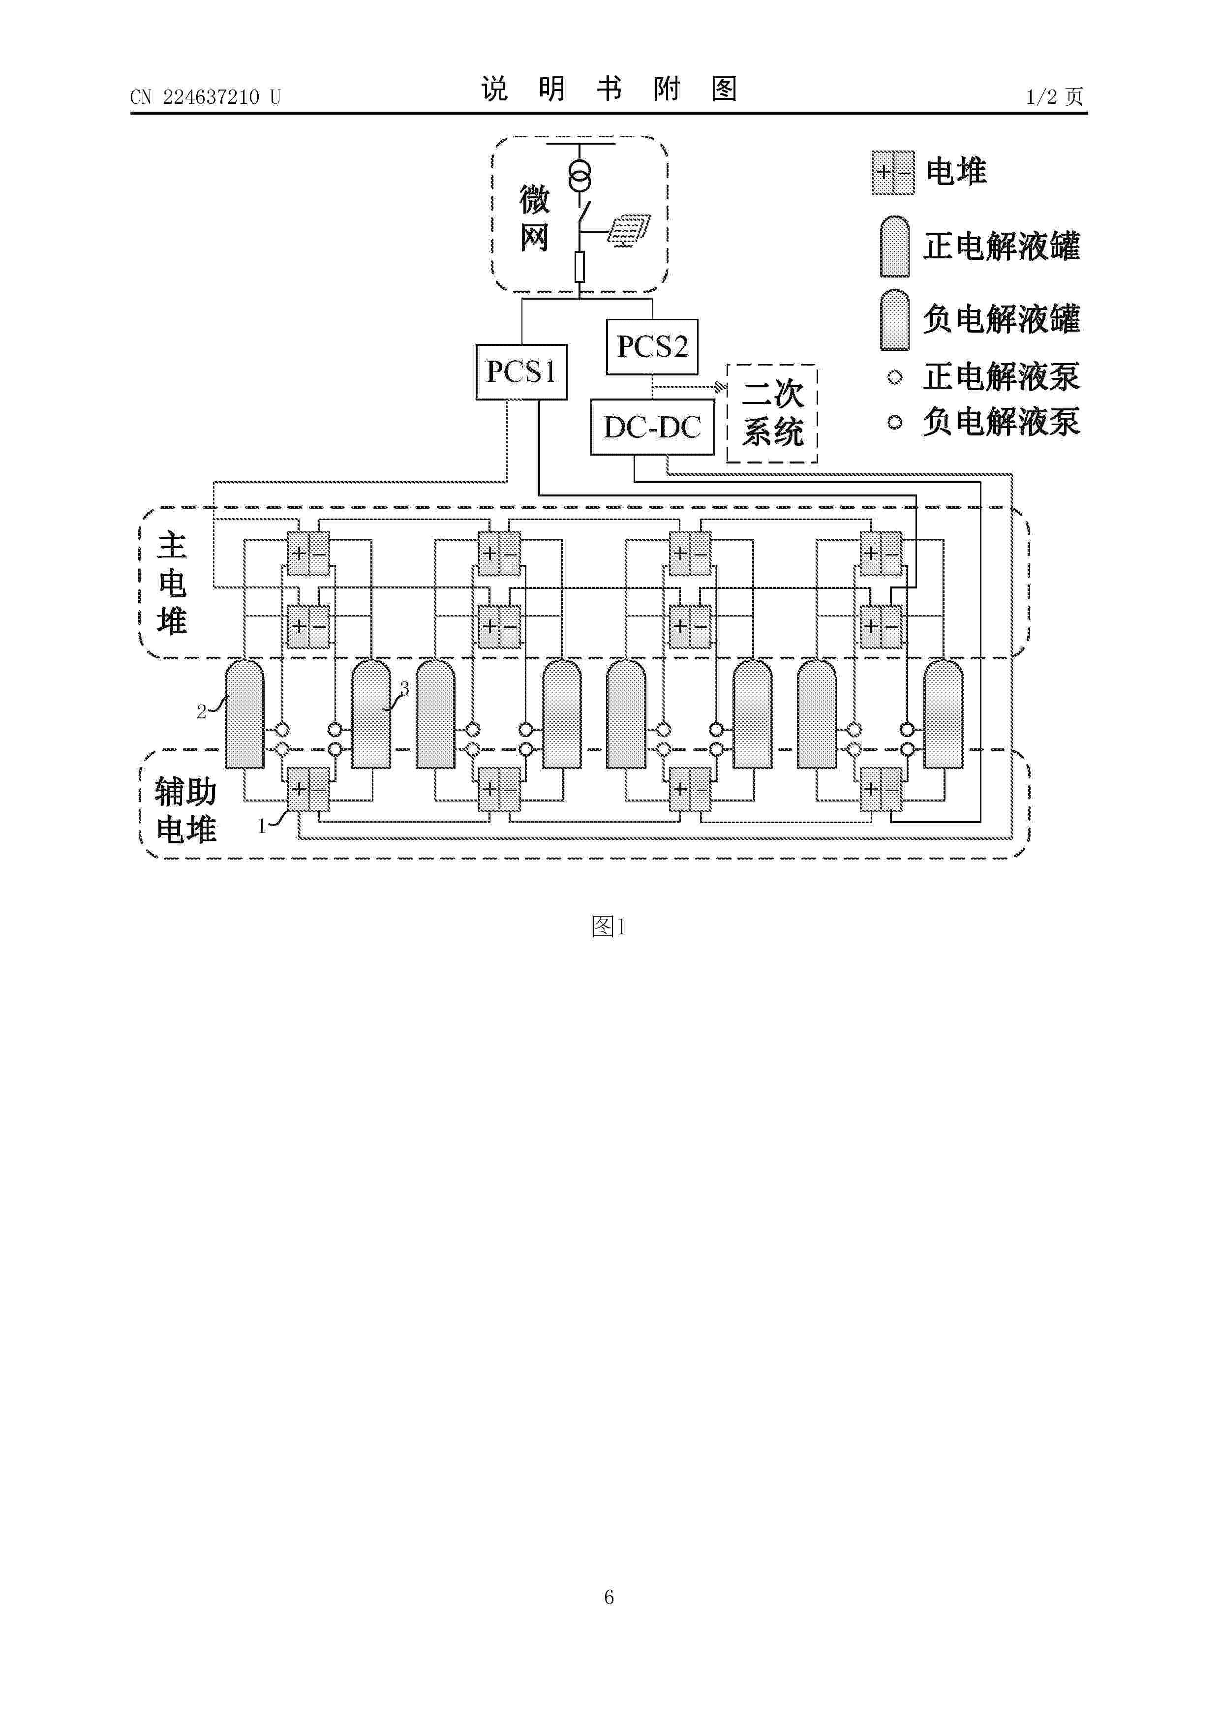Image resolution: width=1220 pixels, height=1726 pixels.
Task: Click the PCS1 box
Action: (x=521, y=372)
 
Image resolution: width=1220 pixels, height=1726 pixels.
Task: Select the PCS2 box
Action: (x=652, y=346)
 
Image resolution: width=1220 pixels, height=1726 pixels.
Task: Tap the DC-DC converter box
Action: (x=652, y=427)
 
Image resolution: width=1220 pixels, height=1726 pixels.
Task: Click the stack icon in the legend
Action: (x=893, y=173)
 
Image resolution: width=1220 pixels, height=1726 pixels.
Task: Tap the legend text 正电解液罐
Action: (x=1001, y=247)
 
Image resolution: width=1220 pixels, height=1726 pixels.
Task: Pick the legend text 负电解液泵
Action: (x=1001, y=422)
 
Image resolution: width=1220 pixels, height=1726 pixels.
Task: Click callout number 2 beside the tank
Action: (x=202, y=711)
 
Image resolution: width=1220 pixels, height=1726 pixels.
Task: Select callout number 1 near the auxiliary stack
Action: (x=262, y=826)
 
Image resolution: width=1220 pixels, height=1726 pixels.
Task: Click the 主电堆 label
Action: (x=172, y=584)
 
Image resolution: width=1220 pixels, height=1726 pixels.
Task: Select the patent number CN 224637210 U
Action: (x=205, y=97)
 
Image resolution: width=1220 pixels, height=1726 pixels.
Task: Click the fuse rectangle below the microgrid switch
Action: (x=579, y=267)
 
